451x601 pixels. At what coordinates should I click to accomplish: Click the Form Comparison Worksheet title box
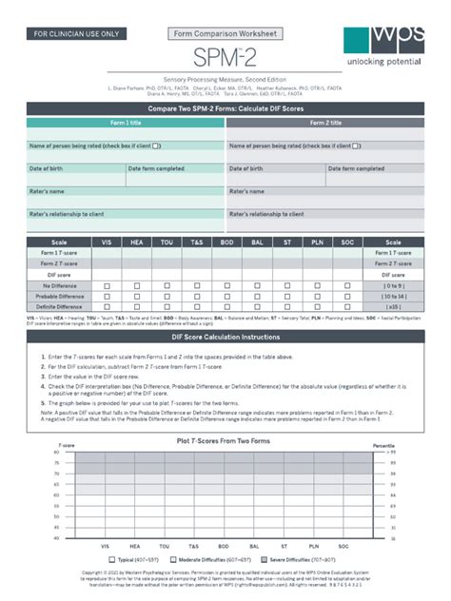coord(225,33)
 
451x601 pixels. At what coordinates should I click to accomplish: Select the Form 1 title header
coord(125,123)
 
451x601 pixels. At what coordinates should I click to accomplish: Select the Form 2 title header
coord(325,123)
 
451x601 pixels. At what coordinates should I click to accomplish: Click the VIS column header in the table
coord(107,242)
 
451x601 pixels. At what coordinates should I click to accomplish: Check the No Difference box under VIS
coord(107,285)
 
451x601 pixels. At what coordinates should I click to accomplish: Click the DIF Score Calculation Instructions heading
coord(225,338)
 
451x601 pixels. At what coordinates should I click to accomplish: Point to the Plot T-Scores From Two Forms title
coord(225,443)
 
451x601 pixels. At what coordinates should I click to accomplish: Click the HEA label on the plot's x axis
coord(137,547)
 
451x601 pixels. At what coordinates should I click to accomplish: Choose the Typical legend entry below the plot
coord(138,560)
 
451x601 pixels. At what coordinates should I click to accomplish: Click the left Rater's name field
coord(125,191)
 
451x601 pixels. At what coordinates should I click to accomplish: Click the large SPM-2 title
coord(225,58)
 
